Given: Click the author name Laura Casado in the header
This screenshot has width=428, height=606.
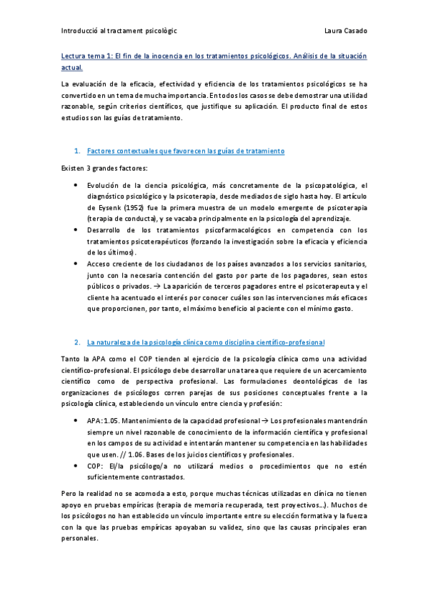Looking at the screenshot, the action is pos(345,31).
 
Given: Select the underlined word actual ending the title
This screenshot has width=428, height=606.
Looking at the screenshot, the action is pos(71,68).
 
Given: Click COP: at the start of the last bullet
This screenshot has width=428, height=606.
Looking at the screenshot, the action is pos(95,466).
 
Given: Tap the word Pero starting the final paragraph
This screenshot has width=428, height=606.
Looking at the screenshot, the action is pos(70,494).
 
